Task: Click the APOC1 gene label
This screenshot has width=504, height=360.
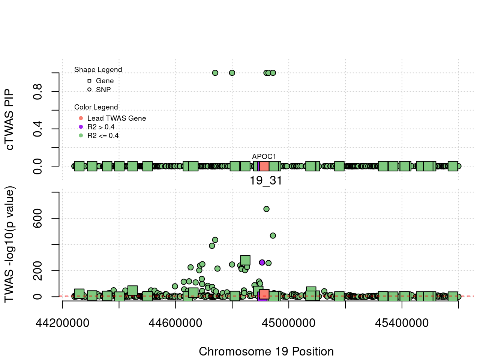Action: tap(264, 156)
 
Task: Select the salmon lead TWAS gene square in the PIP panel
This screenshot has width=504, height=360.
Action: tap(264, 166)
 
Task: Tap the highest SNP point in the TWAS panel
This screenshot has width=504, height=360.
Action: tap(266, 209)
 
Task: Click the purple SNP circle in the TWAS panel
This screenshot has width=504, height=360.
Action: tap(262, 262)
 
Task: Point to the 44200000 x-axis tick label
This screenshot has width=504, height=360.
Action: tap(62, 323)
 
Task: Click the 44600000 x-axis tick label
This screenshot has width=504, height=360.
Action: tap(175, 323)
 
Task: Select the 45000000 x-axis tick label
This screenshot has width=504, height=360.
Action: tap(289, 323)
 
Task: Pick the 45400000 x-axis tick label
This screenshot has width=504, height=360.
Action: tap(402, 323)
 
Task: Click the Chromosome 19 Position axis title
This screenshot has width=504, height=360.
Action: tap(266, 352)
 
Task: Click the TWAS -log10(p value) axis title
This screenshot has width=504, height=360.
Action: tap(9, 244)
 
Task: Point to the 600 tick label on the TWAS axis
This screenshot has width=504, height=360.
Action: tap(37, 218)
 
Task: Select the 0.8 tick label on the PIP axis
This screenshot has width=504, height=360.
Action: tap(37, 91)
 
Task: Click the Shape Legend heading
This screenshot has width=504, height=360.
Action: tap(98, 70)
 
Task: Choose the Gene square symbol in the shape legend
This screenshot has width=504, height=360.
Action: tap(89, 81)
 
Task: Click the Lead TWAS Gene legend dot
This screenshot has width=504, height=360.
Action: tap(81, 118)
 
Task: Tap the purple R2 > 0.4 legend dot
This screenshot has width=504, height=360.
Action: tap(81, 127)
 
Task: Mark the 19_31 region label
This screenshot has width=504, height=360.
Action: tap(266, 181)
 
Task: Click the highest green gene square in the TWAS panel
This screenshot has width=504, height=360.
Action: tap(245, 260)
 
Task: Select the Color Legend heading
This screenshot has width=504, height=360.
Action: tap(96, 107)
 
